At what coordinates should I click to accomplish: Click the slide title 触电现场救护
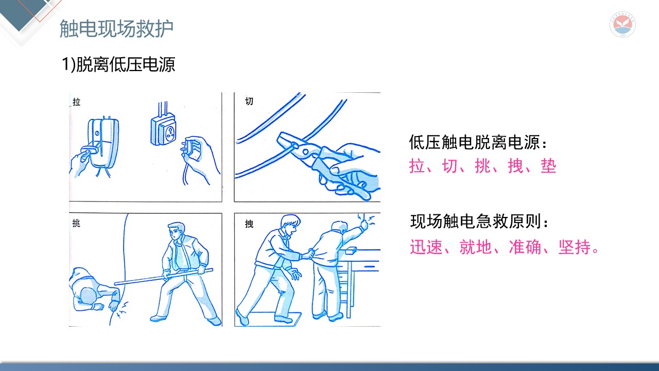click(116, 29)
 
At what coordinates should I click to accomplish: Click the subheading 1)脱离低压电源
click(118, 64)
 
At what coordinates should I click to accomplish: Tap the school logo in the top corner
click(622, 24)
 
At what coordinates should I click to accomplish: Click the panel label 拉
click(77, 102)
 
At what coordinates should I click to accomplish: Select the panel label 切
click(249, 102)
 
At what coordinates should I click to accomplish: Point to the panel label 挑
click(76, 223)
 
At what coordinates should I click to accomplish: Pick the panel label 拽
click(249, 224)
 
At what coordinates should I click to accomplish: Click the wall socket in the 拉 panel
click(164, 130)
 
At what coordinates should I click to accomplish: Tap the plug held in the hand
click(190, 149)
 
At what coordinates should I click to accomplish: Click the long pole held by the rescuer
click(164, 277)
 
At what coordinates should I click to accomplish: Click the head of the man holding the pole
click(177, 231)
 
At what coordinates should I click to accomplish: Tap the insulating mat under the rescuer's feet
click(269, 319)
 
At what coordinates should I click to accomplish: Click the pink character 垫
click(548, 166)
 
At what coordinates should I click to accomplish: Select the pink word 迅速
click(426, 247)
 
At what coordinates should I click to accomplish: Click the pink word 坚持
click(575, 247)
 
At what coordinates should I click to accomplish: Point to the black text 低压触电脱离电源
click(475, 143)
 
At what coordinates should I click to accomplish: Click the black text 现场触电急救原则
click(476, 222)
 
